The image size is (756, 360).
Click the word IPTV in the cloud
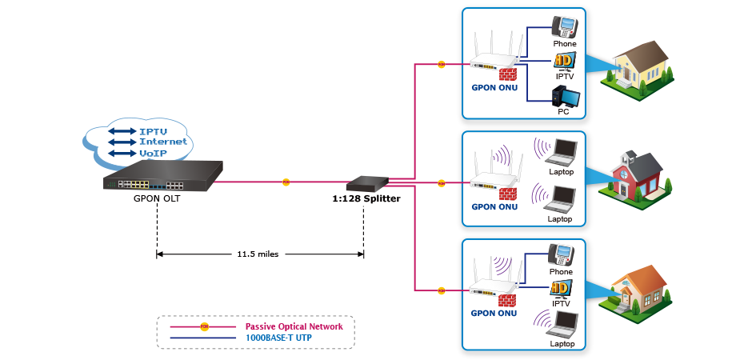[x=154, y=130]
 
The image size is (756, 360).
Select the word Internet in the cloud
[x=163, y=142]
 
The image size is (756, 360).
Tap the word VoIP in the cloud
[x=153, y=153]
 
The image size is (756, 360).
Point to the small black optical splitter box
[x=367, y=185]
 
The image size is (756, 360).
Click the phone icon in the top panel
[x=563, y=27]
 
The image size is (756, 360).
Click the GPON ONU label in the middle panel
[x=494, y=206]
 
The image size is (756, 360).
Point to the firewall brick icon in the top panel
[x=506, y=75]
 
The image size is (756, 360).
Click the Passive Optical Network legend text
[x=294, y=326]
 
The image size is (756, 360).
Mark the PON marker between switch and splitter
[x=286, y=182]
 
